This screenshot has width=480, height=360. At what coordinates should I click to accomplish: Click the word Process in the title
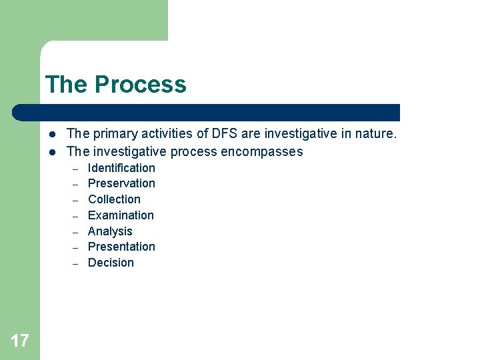tap(141, 85)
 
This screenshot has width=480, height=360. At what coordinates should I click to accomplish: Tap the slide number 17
tap(20, 341)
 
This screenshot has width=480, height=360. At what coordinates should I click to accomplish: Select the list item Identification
tap(121, 168)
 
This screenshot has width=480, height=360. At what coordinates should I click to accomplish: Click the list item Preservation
tap(121, 183)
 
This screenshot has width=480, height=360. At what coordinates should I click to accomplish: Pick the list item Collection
tap(114, 199)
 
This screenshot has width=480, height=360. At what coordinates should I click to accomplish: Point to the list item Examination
tap(121, 215)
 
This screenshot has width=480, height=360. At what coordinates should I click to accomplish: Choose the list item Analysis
tap(110, 231)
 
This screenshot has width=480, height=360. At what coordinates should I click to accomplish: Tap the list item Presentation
tap(121, 247)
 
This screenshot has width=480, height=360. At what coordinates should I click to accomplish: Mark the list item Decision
tap(111, 263)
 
